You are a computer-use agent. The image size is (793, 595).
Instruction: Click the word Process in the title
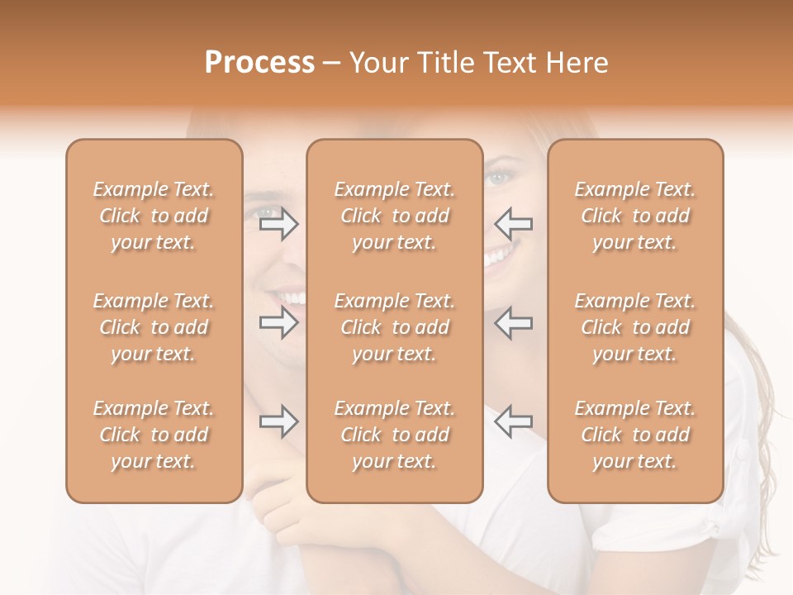(x=259, y=63)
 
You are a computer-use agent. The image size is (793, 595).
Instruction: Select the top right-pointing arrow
(x=278, y=223)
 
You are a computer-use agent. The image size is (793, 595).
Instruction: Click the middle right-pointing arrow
(x=278, y=322)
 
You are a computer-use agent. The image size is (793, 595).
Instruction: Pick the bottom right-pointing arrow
(x=278, y=421)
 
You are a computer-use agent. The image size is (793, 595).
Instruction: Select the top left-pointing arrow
(x=513, y=223)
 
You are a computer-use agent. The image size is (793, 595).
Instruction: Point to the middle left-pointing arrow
(x=513, y=322)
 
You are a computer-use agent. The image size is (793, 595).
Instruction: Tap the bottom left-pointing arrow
(x=513, y=421)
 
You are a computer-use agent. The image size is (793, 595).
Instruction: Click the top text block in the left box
(x=154, y=216)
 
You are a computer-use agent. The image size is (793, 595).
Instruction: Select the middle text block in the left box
(x=154, y=327)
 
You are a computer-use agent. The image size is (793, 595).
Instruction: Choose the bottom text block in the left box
(x=154, y=435)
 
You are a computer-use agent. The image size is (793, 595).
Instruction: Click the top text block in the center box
(x=395, y=216)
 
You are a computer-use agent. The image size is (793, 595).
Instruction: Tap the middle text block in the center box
(x=395, y=327)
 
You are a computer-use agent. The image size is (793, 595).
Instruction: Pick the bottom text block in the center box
(x=395, y=435)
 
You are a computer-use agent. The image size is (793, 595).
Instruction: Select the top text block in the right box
(x=635, y=216)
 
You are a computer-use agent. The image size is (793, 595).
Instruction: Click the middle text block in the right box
(x=635, y=327)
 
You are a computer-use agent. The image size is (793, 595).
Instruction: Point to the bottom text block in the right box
(x=635, y=435)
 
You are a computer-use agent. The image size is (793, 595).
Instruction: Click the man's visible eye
(x=268, y=212)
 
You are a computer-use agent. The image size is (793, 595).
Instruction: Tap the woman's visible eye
(x=498, y=178)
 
